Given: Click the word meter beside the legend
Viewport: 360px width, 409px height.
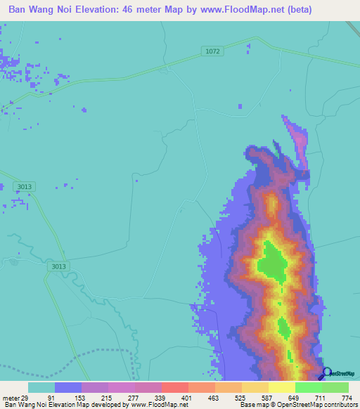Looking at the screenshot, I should [10, 398].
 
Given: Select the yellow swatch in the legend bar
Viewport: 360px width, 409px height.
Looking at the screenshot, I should [281, 387].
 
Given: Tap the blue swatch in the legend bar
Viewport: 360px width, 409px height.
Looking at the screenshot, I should [68, 387].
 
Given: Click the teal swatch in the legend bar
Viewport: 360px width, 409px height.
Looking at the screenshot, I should [41, 387].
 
